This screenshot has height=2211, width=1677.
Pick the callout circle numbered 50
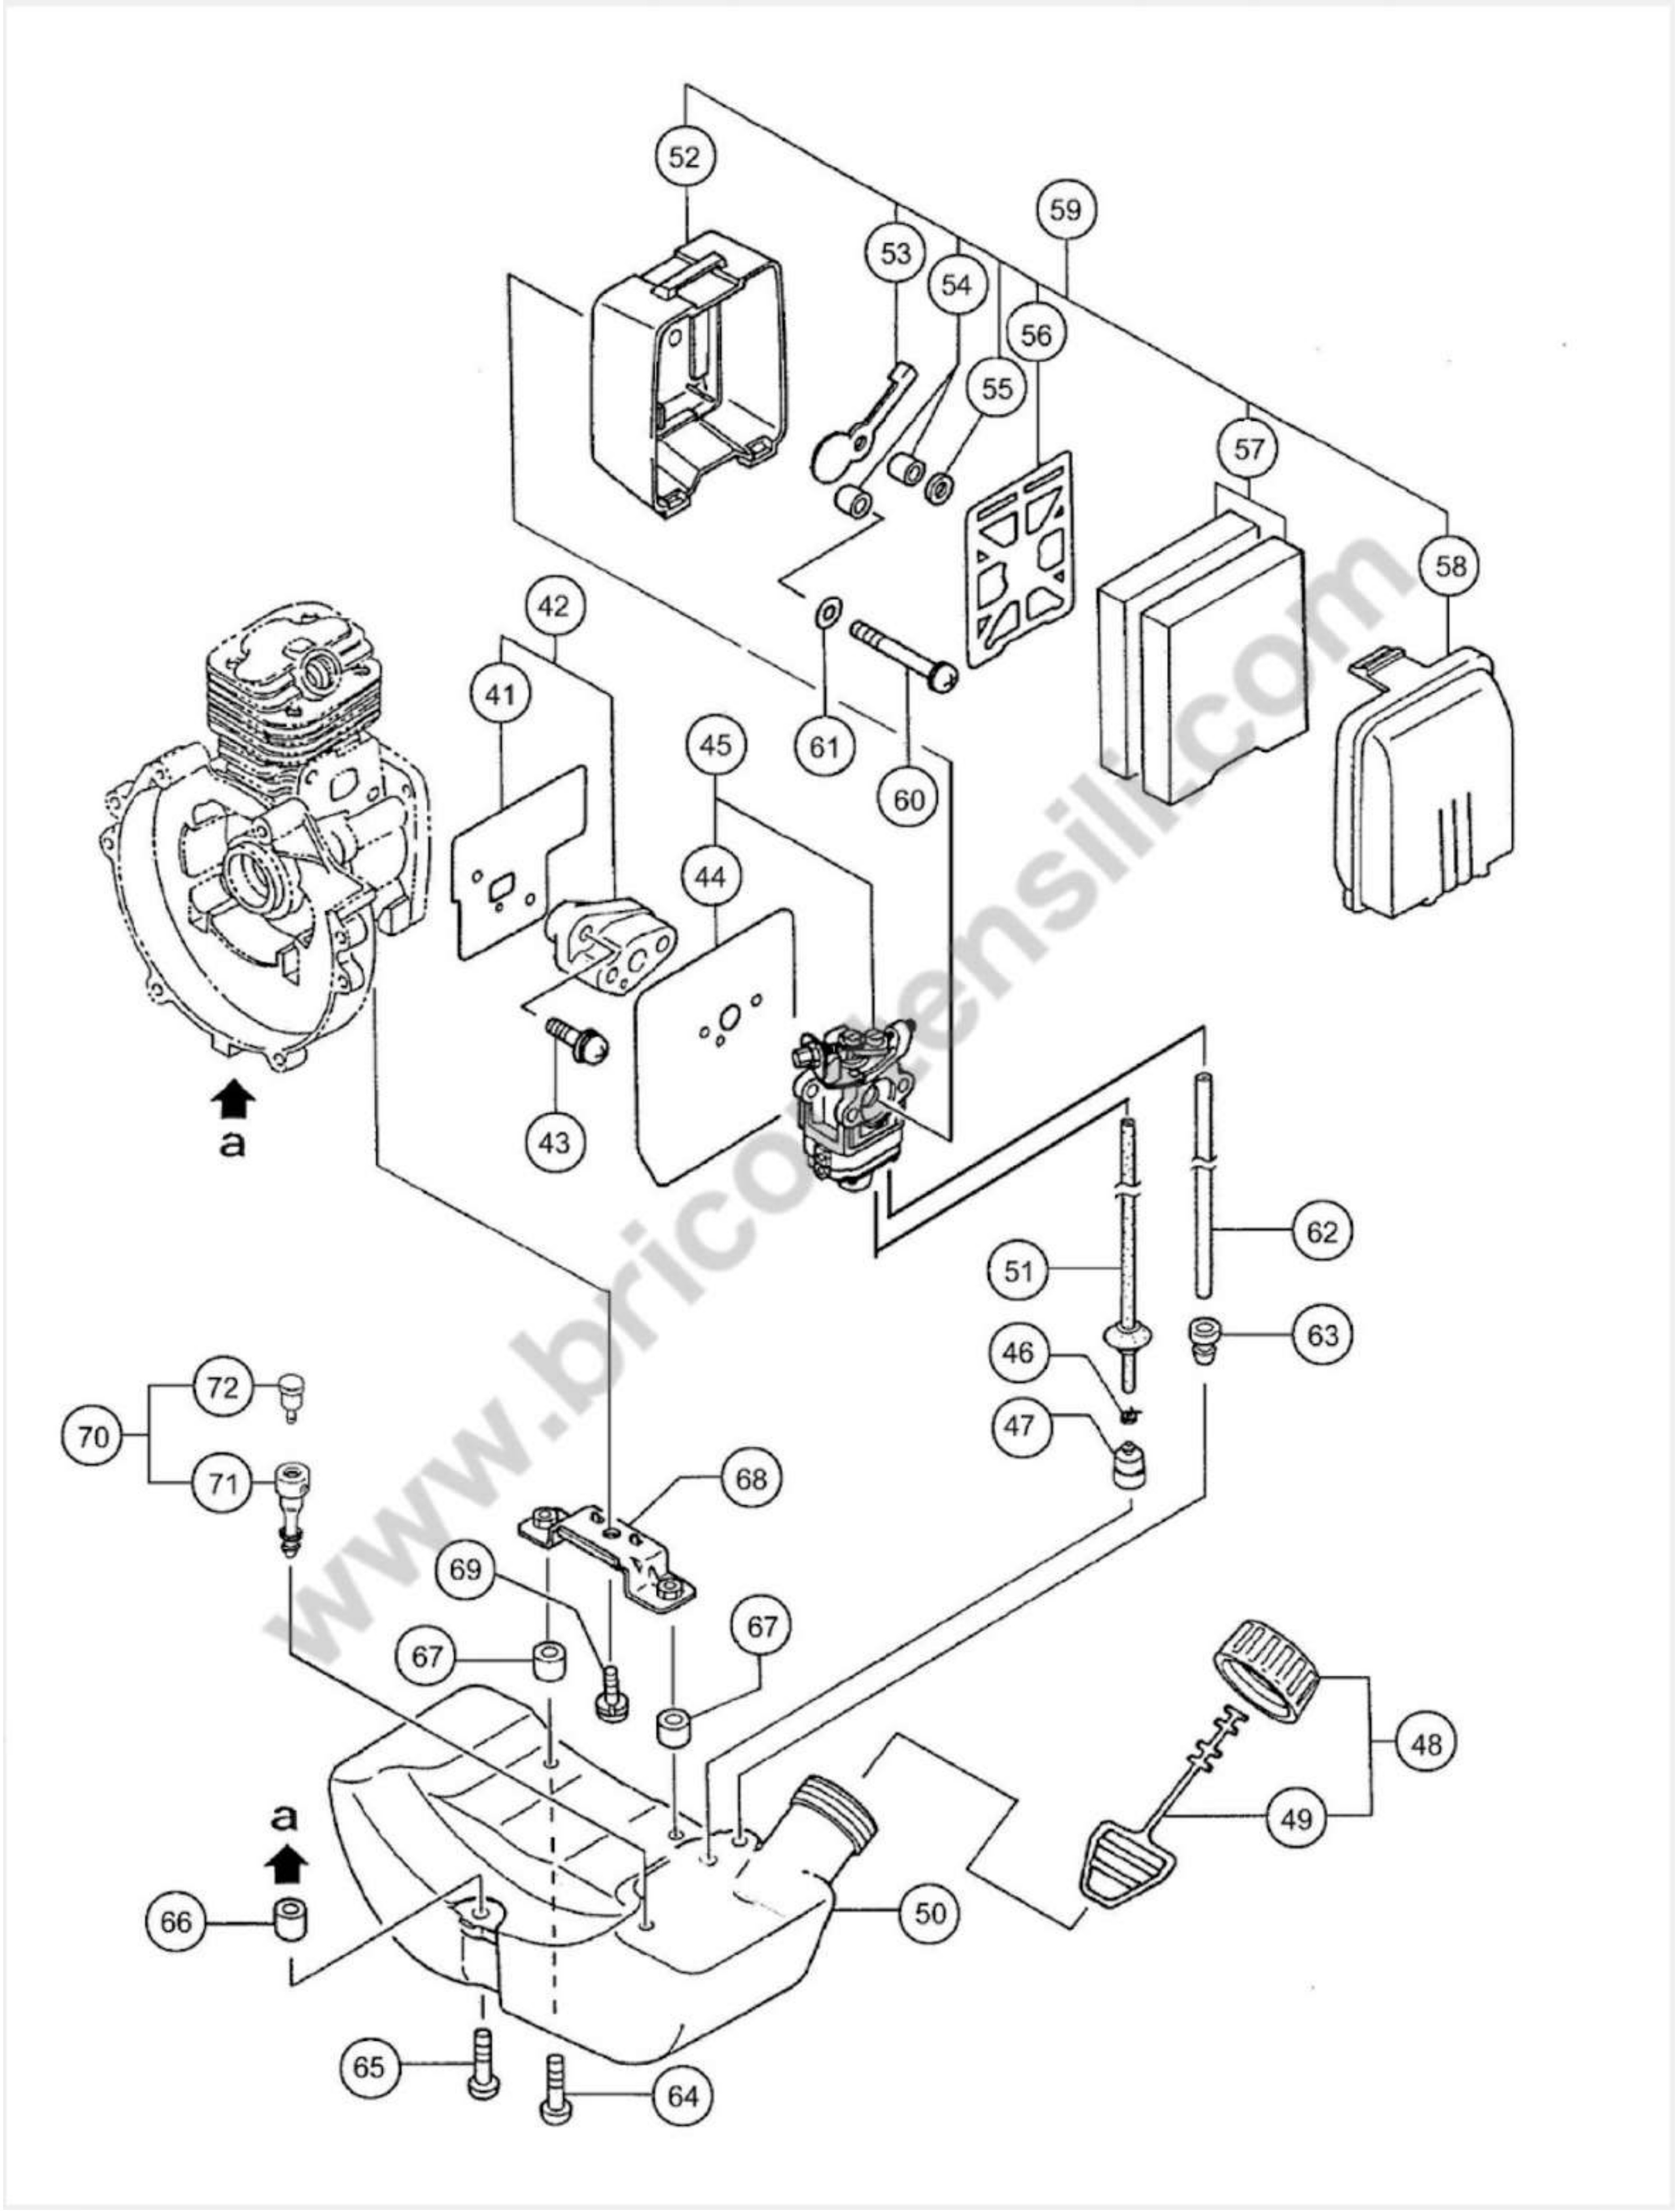click(x=929, y=1912)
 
